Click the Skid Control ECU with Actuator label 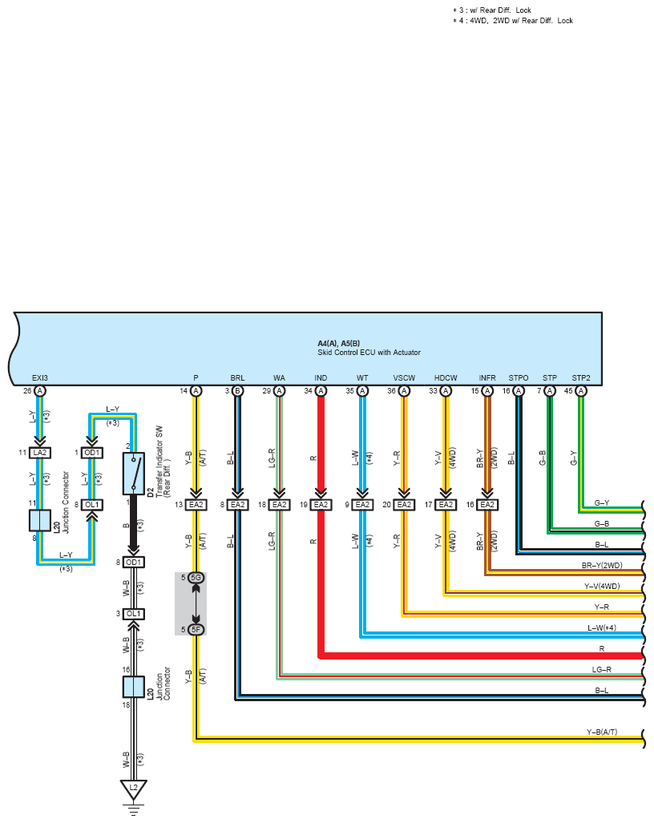pos(369,353)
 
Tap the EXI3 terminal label pos(40,378)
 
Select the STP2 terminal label pos(580,378)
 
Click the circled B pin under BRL pos(238,391)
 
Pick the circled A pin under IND pos(321,391)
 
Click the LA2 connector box pos(40,453)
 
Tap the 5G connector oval pos(196,577)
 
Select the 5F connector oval pos(196,629)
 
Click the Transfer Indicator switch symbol pos(134,474)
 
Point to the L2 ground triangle pos(133,789)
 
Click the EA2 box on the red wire pos(321,504)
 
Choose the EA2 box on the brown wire pos(487,504)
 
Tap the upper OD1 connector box pos(92,453)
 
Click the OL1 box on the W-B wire pos(133,614)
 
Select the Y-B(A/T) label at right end pos(602,732)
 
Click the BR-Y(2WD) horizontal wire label pos(602,565)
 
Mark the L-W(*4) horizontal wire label pos(602,627)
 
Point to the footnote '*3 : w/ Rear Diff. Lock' pos(492,10)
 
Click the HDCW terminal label pos(446,378)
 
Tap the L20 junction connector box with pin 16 pos(133,687)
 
